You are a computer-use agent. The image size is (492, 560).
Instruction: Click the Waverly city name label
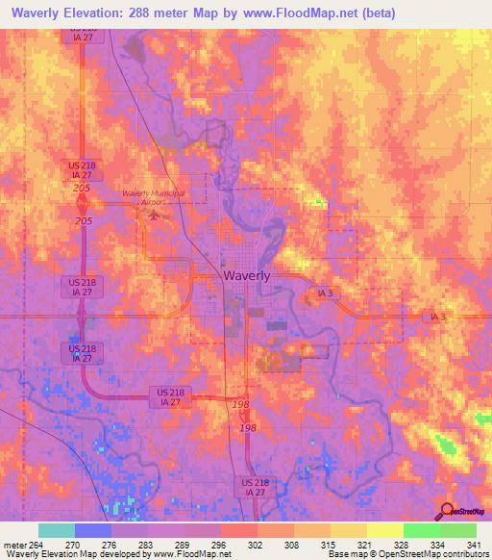pos(246,274)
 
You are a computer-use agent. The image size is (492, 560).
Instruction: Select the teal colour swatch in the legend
pos(56,530)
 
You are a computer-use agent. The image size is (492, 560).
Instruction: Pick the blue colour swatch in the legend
pos(92,530)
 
